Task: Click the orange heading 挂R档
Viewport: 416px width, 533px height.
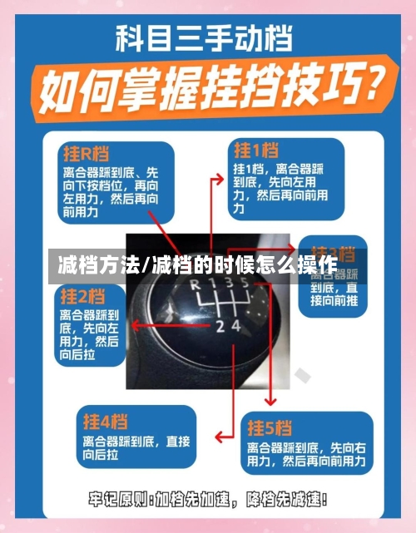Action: click(86, 154)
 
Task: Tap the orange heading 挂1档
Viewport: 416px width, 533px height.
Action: click(255, 150)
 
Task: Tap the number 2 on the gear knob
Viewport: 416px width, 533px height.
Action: click(220, 326)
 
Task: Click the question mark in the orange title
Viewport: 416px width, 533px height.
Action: click(365, 84)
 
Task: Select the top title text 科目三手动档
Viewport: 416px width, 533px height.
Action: click(207, 37)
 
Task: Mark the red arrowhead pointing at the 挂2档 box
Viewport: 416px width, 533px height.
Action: click(133, 323)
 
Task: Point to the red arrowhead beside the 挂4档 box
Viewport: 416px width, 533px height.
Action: click(219, 436)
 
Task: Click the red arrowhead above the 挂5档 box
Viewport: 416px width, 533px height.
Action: click(268, 403)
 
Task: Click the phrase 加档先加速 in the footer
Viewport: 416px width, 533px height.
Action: click(193, 500)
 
